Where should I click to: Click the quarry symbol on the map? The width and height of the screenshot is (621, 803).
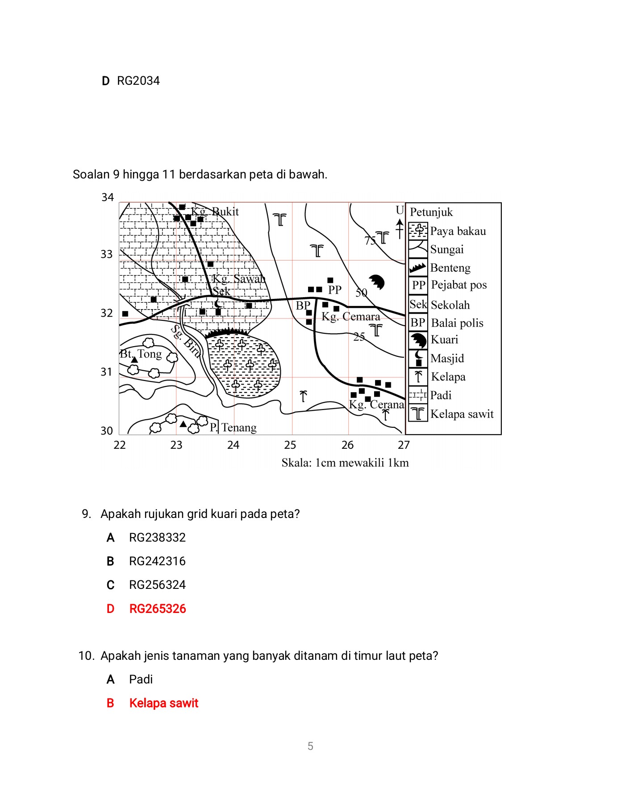pyautogui.click(x=376, y=282)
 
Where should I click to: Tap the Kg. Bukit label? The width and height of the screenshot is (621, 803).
pyautogui.click(x=215, y=211)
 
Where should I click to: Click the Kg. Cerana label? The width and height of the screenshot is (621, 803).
pyautogui.click(x=376, y=405)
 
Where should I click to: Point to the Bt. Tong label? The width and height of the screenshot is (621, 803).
pyautogui.click(x=141, y=354)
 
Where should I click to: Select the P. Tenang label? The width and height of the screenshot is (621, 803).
pyautogui.click(x=233, y=427)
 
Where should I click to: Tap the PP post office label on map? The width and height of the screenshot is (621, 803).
pyautogui.click(x=335, y=290)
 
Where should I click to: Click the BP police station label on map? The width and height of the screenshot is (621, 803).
pyautogui.click(x=303, y=306)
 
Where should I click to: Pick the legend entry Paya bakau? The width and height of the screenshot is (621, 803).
pyautogui.click(x=458, y=231)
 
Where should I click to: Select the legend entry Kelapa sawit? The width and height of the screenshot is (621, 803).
pyautogui.click(x=462, y=414)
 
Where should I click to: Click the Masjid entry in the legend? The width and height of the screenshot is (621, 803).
pyautogui.click(x=447, y=358)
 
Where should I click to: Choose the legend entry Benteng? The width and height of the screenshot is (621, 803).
pyautogui.click(x=450, y=268)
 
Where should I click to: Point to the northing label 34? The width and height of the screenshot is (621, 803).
pyautogui.click(x=108, y=197)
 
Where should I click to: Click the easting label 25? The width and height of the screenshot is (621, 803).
pyautogui.click(x=290, y=445)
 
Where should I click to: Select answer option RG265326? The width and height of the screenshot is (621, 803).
pyautogui.click(x=157, y=608)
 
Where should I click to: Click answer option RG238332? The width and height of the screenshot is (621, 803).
pyautogui.click(x=157, y=538)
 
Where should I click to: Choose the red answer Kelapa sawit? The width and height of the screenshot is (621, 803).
pyautogui.click(x=163, y=703)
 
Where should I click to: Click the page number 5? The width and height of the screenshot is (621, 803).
pyautogui.click(x=310, y=746)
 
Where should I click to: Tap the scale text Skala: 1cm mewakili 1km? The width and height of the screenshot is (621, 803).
pyautogui.click(x=345, y=463)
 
